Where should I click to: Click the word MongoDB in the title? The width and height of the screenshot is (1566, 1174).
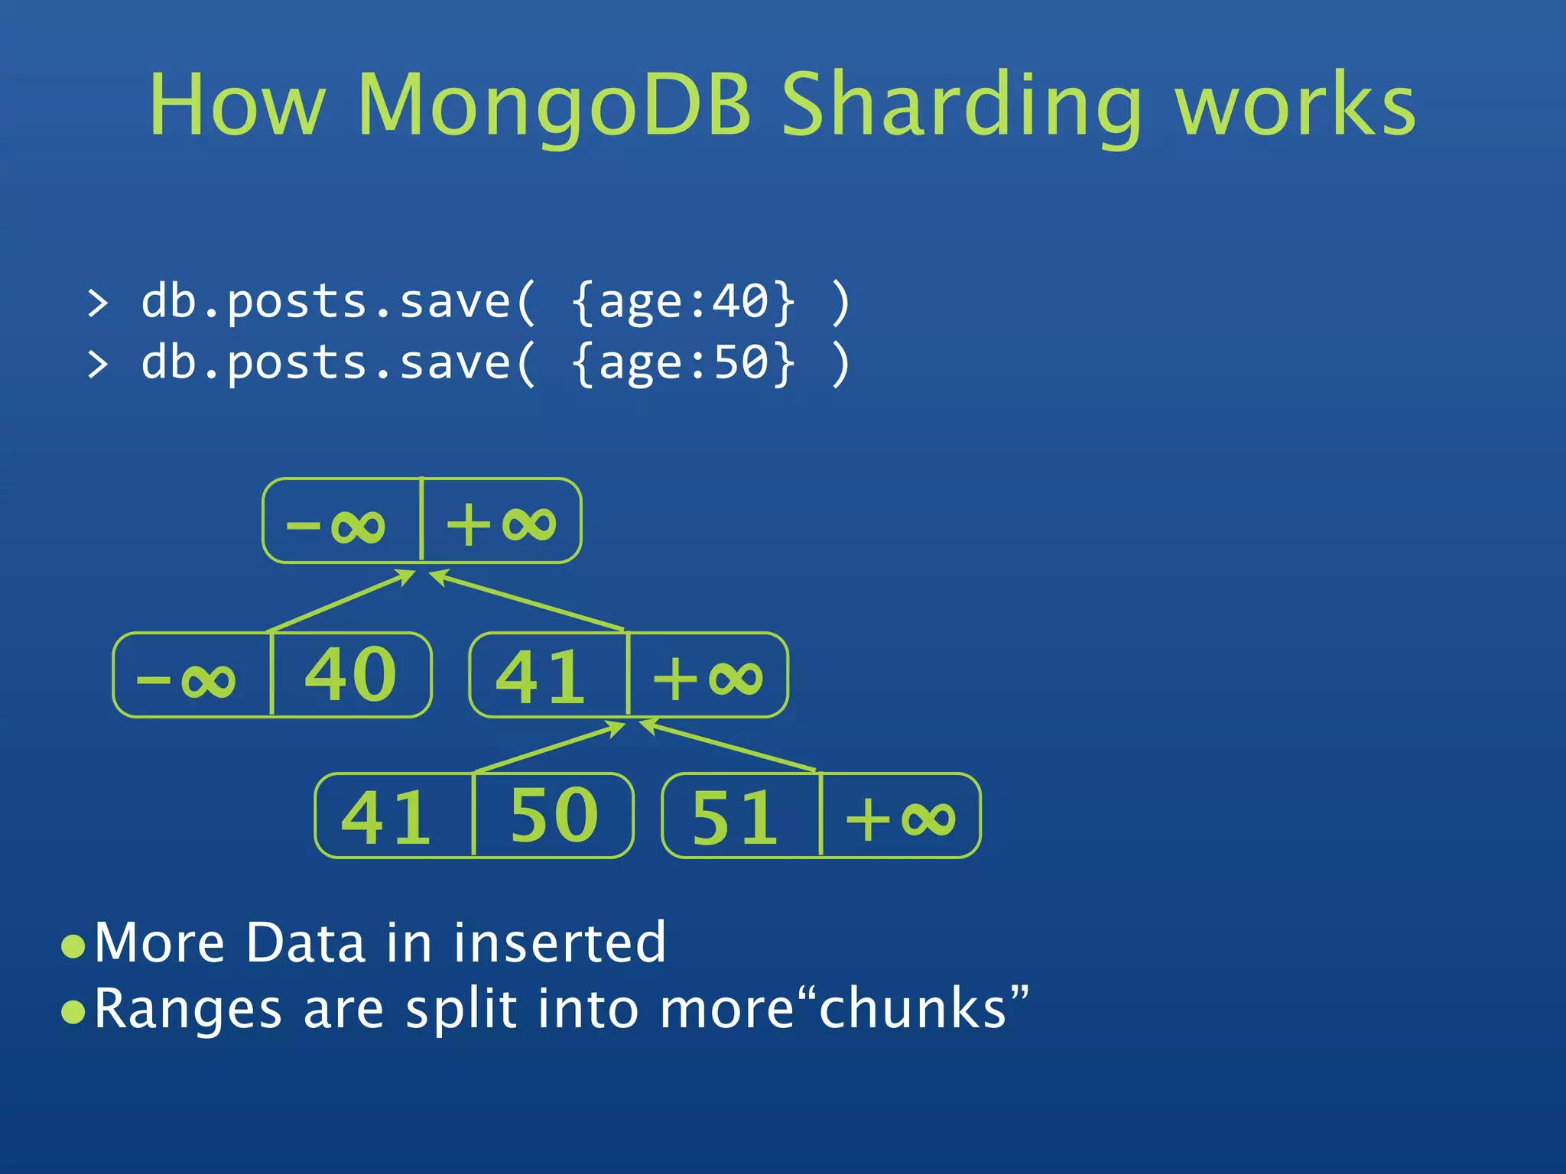point(554,105)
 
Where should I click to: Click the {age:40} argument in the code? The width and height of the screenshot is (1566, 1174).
point(684,301)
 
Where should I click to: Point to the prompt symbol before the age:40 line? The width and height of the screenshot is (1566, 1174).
point(98,303)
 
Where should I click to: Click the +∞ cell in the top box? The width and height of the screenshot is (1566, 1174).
point(502,524)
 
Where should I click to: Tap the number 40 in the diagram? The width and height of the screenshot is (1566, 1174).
point(350,674)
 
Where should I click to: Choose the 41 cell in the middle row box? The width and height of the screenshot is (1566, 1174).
point(541,677)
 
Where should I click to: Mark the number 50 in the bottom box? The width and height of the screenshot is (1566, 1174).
point(554,816)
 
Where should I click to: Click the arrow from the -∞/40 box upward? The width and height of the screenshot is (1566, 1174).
point(341,602)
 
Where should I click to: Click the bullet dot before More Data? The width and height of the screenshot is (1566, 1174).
point(73,946)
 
